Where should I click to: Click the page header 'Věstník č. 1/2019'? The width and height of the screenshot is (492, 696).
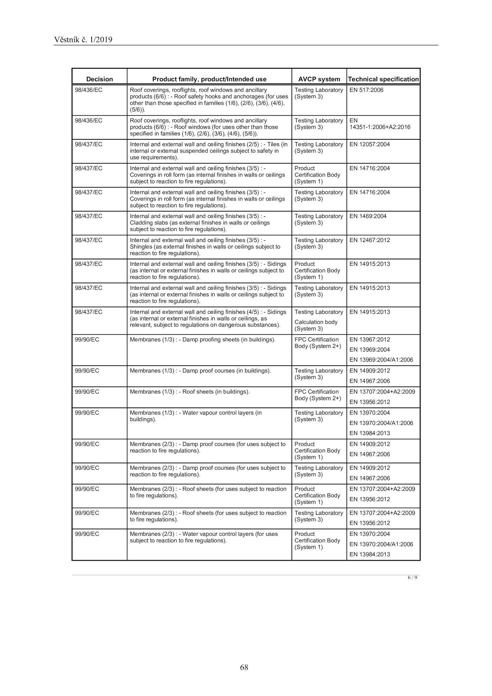click(x=83, y=40)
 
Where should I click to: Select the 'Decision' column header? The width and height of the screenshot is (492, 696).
click(x=99, y=79)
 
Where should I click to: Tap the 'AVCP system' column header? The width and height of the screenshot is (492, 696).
click(x=319, y=79)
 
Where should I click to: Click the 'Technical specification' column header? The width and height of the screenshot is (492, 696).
click(x=383, y=79)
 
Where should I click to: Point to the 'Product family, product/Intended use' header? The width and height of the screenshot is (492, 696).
click(x=209, y=79)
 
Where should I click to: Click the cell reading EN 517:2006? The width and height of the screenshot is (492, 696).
click(x=366, y=90)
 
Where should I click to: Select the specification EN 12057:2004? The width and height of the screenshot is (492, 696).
click(x=369, y=144)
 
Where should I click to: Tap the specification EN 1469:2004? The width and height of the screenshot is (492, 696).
click(x=368, y=216)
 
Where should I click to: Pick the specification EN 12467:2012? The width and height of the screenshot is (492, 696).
click(x=369, y=240)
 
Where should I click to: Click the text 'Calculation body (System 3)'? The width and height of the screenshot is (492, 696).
click(x=316, y=325)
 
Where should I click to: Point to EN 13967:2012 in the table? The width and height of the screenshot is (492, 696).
click(x=369, y=340)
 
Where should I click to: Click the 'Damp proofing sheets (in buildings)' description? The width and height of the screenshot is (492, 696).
click(x=202, y=340)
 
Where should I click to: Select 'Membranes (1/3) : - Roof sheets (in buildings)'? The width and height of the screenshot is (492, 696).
click(x=189, y=392)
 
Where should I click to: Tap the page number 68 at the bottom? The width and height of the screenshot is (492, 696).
click(x=244, y=667)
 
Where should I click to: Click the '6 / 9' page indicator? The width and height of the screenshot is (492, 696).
click(x=412, y=578)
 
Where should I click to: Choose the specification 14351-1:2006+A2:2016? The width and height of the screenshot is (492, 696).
click(x=379, y=127)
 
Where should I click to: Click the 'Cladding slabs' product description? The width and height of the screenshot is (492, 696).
click(x=199, y=223)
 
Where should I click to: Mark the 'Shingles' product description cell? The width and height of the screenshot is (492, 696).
click(x=205, y=247)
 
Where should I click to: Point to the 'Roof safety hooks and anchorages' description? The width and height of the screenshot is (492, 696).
click(x=209, y=97)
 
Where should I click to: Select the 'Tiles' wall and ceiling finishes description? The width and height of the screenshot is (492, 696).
click(x=208, y=151)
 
